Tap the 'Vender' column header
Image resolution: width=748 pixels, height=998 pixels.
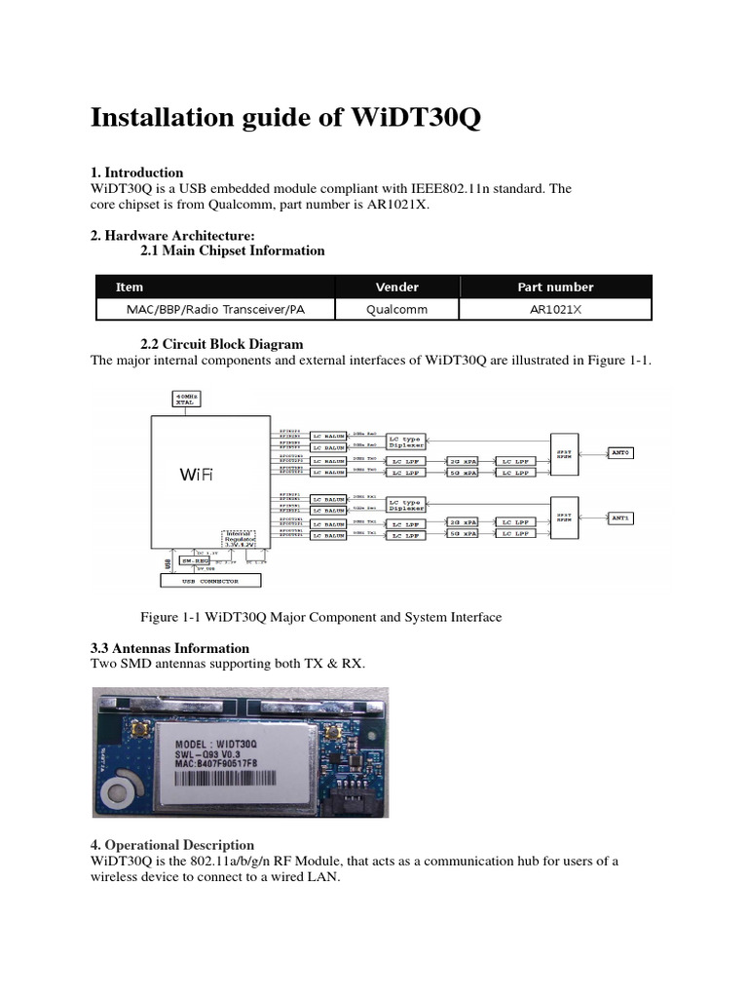(x=396, y=287)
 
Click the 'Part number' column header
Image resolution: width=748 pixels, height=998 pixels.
(x=555, y=287)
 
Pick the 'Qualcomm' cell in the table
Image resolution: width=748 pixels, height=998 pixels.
(x=396, y=309)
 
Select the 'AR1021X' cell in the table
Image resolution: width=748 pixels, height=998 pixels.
(x=555, y=309)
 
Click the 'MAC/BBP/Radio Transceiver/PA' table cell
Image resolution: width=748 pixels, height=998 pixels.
(x=215, y=309)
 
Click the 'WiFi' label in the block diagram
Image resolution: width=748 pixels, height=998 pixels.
(x=196, y=476)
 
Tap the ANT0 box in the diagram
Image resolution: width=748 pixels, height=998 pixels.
(x=621, y=452)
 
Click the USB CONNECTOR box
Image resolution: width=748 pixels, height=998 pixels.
(x=211, y=580)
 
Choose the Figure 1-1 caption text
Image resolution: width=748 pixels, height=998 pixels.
(x=321, y=617)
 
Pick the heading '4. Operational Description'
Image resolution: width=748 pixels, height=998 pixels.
(x=172, y=845)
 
